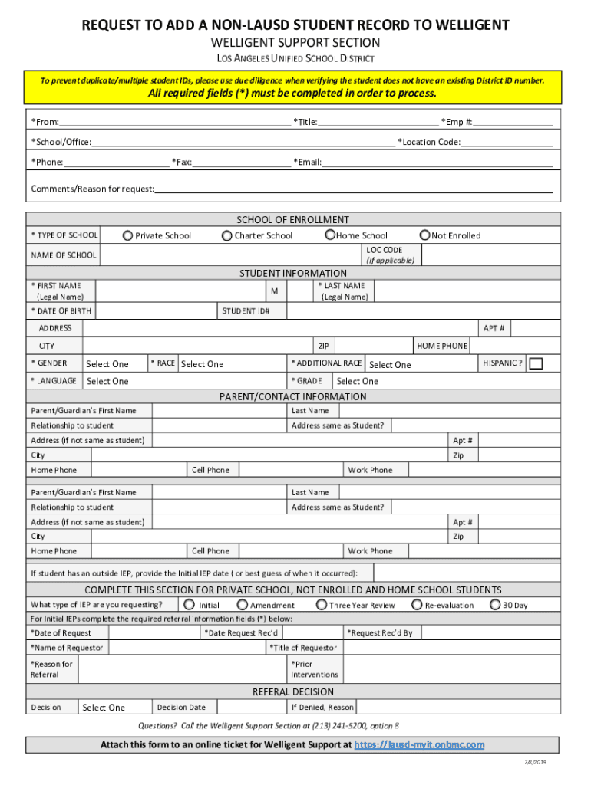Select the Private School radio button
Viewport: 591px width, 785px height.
click(x=127, y=236)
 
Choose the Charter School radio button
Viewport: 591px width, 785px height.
click(x=226, y=236)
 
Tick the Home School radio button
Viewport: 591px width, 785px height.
click(x=330, y=235)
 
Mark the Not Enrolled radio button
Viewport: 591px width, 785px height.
click(x=424, y=235)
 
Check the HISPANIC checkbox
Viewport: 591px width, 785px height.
click(x=537, y=363)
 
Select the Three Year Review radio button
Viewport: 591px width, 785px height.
click(x=322, y=605)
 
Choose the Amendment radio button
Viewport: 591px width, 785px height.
click(x=242, y=605)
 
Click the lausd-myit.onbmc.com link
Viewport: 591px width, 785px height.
click(x=419, y=745)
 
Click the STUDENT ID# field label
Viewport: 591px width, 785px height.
click(x=241, y=311)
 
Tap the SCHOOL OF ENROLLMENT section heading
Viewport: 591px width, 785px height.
click(x=292, y=220)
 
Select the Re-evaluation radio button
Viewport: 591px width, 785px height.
click(x=417, y=605)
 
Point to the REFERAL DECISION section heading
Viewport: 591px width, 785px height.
click(x=293, y=692)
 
